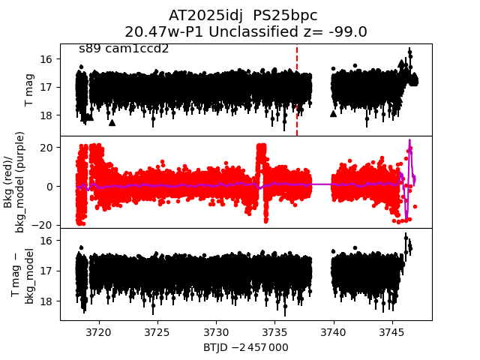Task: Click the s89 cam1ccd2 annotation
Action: (x=124, y=49)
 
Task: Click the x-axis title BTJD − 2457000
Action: (x=246, y=347)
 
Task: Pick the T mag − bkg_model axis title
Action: (x=22, y=275)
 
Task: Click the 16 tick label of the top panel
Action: (x=45, y=58)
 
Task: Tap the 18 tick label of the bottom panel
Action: (x=45, y=301)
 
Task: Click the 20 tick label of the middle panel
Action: (x=45, y=148)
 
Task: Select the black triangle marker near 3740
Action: (x=333, y=114)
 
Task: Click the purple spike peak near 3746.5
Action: (x=409, y=141)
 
